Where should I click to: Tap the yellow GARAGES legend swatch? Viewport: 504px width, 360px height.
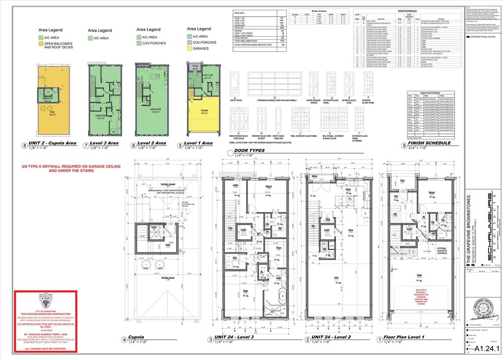tap(189, 49)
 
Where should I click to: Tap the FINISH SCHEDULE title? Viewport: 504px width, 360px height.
tap(429, 143)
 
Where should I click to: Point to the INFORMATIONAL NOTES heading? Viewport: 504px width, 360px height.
tap(483, 36)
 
